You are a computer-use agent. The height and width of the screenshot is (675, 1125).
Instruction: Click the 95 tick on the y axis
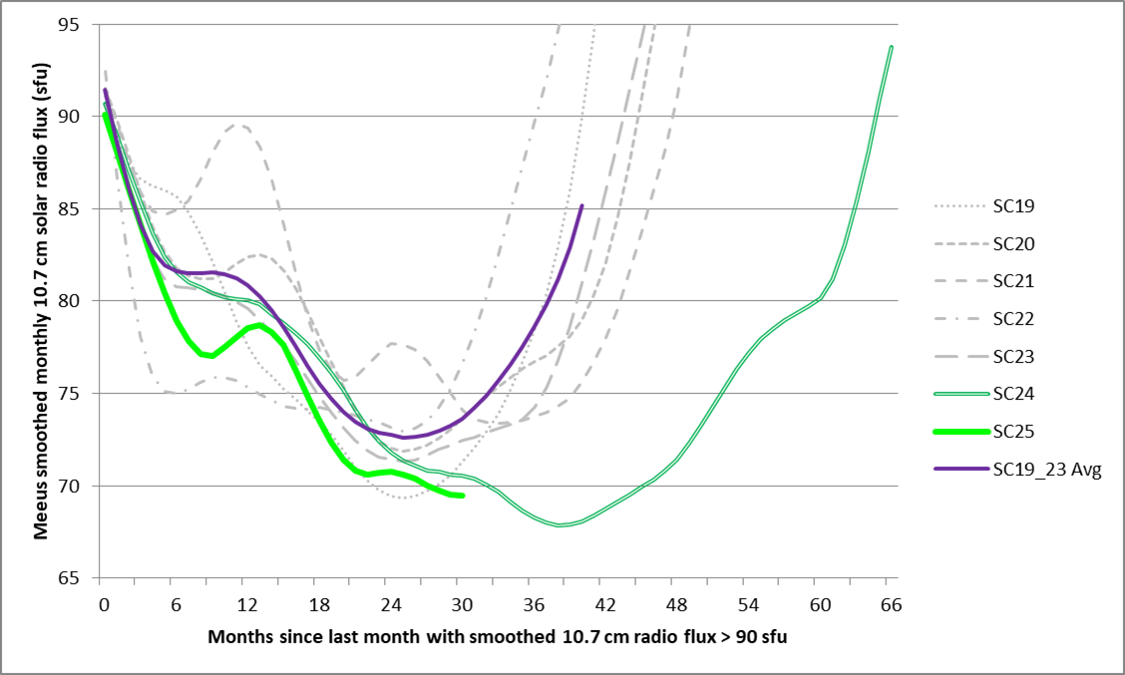(80, 24)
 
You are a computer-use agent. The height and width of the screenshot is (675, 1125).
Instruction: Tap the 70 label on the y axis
(80, 487)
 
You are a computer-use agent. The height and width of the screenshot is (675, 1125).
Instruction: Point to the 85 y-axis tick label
(80, 209)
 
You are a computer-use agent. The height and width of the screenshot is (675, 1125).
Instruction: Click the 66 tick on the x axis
(891, 604)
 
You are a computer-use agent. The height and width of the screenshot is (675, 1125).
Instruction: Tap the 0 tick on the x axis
(104, 604)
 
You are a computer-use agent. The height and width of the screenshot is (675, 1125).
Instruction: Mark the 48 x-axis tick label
(677, 604)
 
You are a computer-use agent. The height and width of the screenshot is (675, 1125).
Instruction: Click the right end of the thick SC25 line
(462, 496)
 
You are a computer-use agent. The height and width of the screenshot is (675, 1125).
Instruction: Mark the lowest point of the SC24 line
(562, 524)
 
